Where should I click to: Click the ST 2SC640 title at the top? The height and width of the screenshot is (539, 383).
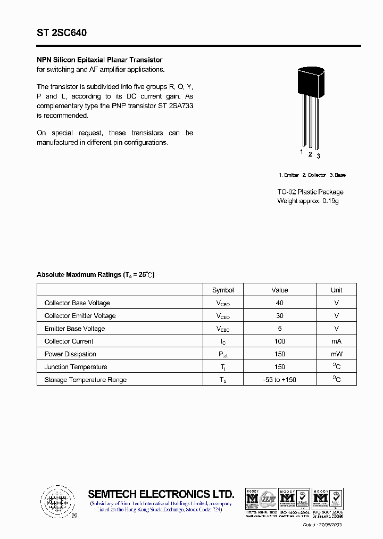[x=62, y=33]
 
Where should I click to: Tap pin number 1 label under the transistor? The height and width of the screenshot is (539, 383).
[x=302, y=152]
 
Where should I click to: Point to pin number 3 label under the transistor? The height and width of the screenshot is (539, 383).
[x=318, y=156]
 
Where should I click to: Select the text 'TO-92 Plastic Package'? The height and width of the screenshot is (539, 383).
[x=310, y=192]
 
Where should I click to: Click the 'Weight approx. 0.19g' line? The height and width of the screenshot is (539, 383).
[x=307, y=201]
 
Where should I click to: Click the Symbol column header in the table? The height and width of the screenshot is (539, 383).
[x=223, y=290]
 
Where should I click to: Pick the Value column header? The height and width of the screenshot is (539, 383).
[x=279, y=290]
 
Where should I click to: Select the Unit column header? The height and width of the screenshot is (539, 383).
[x=336, y=290]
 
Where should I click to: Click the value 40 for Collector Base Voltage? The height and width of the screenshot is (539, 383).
[x=280, y=303]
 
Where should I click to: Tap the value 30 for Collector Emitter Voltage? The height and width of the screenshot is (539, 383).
[x=280, y=316]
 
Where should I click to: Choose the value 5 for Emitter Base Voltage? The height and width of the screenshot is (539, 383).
[x=280, y=329]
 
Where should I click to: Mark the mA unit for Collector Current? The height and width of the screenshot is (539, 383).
[x=336, y=341]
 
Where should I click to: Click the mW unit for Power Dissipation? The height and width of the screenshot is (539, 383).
[x=336, y=354]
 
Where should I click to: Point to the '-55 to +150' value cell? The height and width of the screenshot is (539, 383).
[x=280, y=380]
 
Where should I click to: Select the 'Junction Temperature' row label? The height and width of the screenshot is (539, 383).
[x=76, y=367]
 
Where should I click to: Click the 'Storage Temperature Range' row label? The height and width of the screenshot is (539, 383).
[x=86, y=380]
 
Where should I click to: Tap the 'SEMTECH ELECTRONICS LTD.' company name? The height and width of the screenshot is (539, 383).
[x=161, y=494]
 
